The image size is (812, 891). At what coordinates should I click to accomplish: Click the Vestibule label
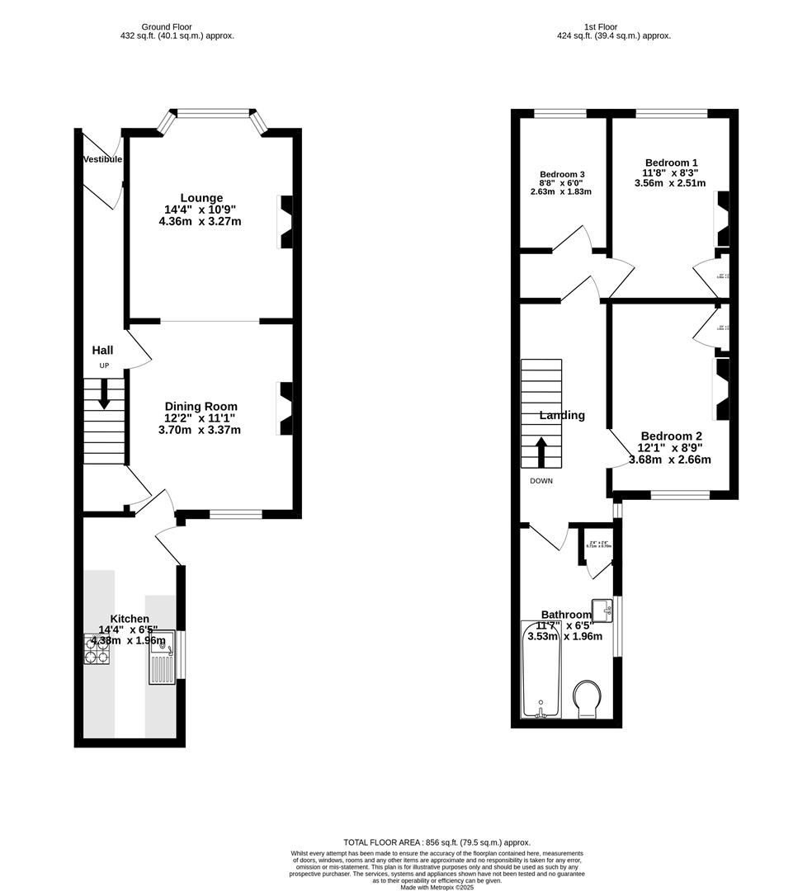(102, 159)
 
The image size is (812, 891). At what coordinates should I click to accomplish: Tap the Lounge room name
(201, 198)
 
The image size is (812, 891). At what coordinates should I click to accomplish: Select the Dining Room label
(201, 406)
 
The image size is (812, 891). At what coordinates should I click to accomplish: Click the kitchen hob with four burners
(97, 649)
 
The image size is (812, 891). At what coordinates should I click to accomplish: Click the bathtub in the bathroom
(541, 670)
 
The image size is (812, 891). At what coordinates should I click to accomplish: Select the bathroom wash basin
(603, 611)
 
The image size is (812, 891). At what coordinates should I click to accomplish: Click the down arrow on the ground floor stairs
(104, 394)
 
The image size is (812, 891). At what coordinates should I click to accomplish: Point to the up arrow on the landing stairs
(541, 452)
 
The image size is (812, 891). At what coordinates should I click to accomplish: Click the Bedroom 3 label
(562, 174)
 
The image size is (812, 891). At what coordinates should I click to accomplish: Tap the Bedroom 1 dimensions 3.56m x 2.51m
(669, 183)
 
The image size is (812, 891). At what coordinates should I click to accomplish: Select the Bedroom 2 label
(671, 436)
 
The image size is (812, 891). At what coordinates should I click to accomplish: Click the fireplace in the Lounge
(286, 221)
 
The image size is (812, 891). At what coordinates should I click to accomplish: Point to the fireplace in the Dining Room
(286, 408)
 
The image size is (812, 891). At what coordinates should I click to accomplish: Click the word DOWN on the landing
(541, 481)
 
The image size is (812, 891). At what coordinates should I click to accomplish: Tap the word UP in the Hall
(104, 365)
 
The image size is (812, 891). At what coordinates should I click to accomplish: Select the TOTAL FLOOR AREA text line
(437, 842)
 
